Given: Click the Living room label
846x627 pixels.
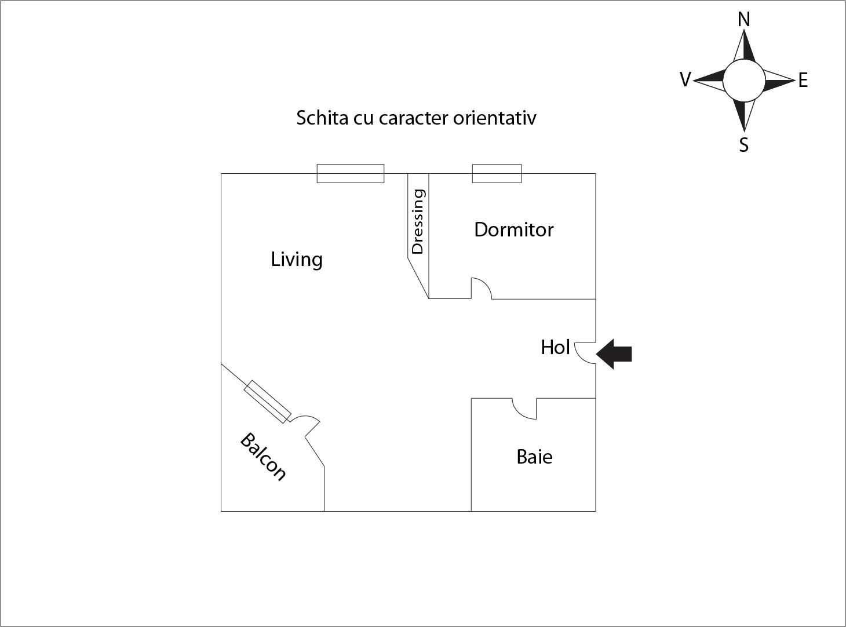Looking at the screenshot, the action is tap(296, 260).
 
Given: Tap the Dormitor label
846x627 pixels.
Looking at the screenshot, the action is tap(514, 229).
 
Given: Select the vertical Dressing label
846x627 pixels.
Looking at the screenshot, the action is tap(418, 221).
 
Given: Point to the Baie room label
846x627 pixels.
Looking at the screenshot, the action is tap(534, 457).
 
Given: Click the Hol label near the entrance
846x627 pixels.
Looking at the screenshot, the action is tap(555, 347).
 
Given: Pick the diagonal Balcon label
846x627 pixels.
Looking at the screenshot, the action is tap(263, 457).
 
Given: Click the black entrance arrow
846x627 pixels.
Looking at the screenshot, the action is tap(614, 353).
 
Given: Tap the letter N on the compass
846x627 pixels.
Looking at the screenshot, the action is tap(744, 19).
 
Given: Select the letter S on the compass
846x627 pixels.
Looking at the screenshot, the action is tap(744, 145).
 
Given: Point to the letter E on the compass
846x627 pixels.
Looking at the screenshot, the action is tap(803, 81).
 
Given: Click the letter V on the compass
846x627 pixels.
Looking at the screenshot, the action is tap(685, 79).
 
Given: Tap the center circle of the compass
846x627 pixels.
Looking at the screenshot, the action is tap(744, 81).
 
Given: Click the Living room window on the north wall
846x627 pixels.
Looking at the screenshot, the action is tap(351, 174).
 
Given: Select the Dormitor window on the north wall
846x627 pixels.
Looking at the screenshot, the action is tap(497, 174).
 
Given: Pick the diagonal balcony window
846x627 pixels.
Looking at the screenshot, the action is tap(267, 402).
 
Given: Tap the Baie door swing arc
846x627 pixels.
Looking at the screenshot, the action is tap(520, 415).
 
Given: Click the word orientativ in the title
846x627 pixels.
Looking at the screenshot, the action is tap(495, 118).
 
